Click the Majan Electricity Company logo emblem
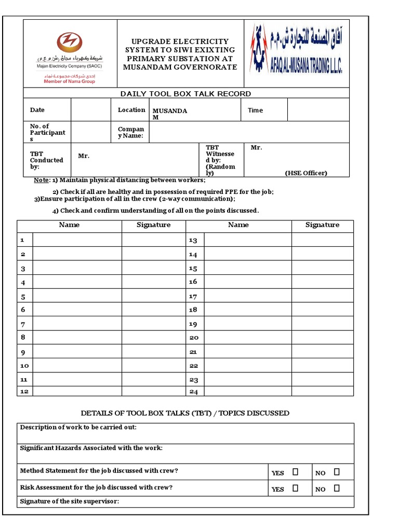tap(69, 41)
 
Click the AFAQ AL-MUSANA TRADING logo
tap(297, 49)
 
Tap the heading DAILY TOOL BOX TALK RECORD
tap(185, 94)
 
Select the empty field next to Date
tap(90, 110)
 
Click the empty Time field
tap(317, 110)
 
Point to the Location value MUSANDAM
tap(169, 114)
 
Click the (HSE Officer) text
tap(306, 173)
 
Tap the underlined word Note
tap(41, 180)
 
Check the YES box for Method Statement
tap(295, 472)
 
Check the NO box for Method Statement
tap(337, 472)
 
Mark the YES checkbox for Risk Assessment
tap(295, 488)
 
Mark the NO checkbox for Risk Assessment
tap(337, 488)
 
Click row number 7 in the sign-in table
tap(23, 324)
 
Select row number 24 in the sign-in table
tap(193, 392)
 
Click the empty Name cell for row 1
tap(77, 240)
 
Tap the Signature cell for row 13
tap(322, 240)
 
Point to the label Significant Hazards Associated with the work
tap(91, 448)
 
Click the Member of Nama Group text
tap(69, 81)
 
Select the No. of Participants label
tap(47, 132)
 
